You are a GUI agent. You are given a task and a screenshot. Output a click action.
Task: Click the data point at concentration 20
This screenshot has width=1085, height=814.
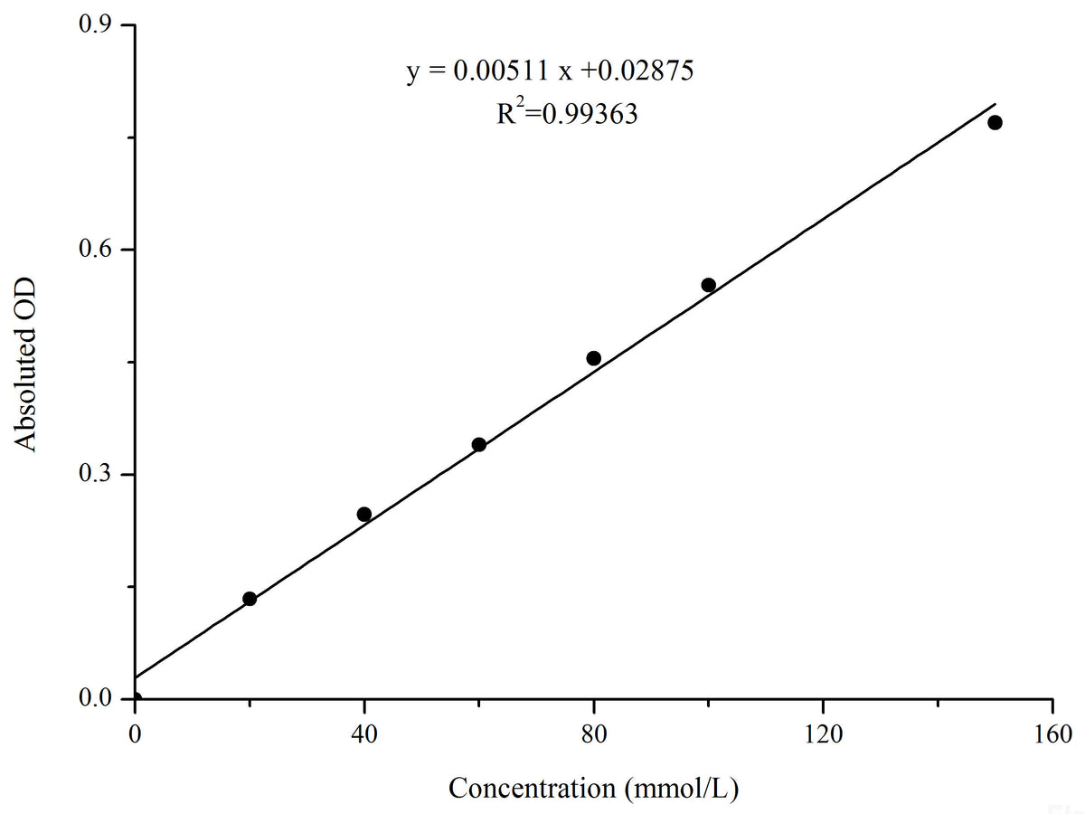[250, 599]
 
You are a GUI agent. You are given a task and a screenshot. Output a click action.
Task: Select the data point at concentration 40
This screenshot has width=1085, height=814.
[364, 515]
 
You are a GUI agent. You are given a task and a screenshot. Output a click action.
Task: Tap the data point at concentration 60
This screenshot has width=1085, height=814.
[479, 444]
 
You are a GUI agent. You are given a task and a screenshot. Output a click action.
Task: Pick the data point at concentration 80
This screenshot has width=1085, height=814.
[593, 358]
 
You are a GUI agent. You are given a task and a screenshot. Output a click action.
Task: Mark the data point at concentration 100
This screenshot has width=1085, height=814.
[708, 285]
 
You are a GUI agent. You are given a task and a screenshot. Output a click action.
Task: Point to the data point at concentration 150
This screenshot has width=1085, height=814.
[995, 122]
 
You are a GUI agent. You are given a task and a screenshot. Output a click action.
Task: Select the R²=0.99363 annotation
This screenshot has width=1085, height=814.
[567, 115]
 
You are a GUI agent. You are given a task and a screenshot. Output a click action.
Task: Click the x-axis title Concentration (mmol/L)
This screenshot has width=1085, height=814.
[594, 788]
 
